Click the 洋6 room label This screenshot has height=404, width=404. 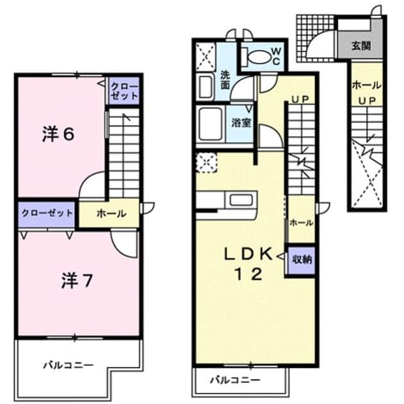click(x=58, y=135)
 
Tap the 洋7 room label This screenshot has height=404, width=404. click(x=76, y=281)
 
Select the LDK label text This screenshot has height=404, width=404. click(x=248, y=254)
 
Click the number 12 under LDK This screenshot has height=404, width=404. click(x=248, y=274)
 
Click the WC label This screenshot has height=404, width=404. click(x=276, y=56)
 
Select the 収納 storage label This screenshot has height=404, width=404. click(x=301, y=260)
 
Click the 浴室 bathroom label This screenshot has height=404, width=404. click(x=241, y=122)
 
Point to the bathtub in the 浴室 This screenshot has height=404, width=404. click(x=211, y=124)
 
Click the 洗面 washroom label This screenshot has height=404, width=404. click(x=225, y=80)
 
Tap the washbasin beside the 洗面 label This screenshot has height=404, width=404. click(x=206, y=87)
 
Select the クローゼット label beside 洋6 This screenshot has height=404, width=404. click(x=124, y=92)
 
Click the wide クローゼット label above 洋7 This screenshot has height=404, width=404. click(x=47, y=214)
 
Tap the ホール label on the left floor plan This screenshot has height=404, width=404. click(x=112, y=214)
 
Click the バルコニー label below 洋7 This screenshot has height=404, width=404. click(x=68, y=365)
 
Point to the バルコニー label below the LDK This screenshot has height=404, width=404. click(x=235, y=380)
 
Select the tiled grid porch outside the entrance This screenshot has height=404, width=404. click(x=316, y=38)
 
